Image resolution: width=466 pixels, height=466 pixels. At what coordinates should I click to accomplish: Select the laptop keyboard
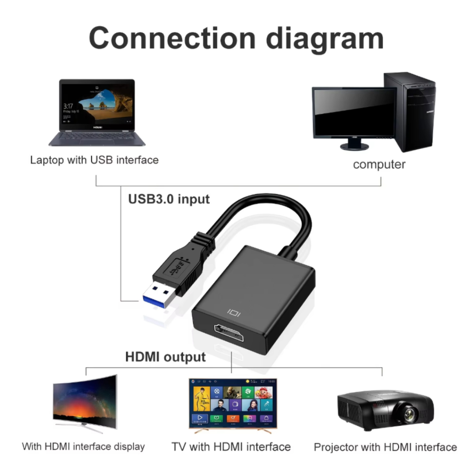[97, 137]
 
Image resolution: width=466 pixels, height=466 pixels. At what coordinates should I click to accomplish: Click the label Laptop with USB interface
[94, 160]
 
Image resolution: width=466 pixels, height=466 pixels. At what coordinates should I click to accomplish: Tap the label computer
[379, 164]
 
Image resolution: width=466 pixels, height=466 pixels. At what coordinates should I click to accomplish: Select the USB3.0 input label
[169, 199]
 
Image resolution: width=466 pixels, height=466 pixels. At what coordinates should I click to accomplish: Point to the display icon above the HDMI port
[233, 313]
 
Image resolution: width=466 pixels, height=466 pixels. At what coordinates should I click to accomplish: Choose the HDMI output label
[166, 357]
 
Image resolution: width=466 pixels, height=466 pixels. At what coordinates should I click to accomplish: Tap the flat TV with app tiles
[233, 403]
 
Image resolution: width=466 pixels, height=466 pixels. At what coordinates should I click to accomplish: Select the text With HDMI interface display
[83, 446]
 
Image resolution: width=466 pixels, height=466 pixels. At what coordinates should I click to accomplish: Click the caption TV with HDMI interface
[231, 447]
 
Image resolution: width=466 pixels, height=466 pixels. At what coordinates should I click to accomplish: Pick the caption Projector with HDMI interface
[385, 447]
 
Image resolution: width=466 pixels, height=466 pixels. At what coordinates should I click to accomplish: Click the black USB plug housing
[180, 268]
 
